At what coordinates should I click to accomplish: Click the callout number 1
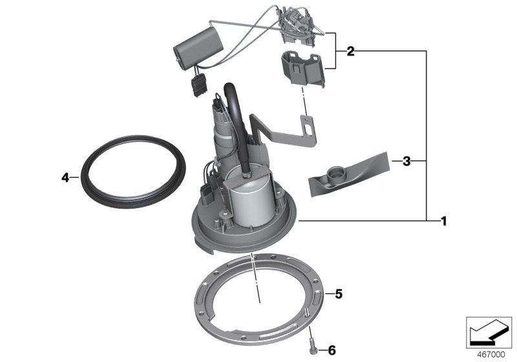point(443,221)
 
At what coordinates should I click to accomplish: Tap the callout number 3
point(406,161)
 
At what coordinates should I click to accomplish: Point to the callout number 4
point(65,176)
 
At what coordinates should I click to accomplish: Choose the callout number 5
point(338,294)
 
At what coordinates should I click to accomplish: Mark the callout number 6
point(332,350)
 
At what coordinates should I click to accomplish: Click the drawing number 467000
point(491,355)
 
